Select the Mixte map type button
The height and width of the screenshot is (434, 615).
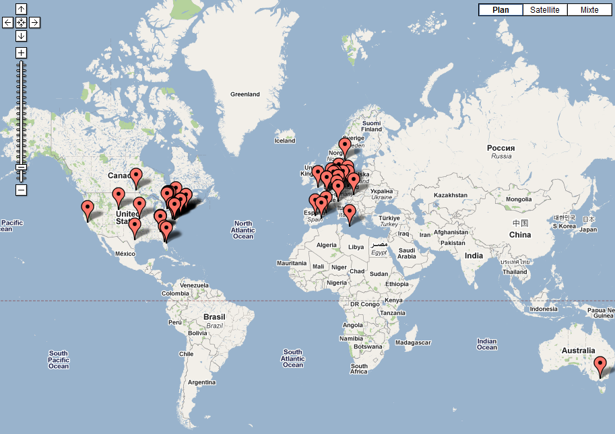(589, 10)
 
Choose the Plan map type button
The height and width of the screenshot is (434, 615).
(500, 10)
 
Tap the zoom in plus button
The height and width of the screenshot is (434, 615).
(21, 52)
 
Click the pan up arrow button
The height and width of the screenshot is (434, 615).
(21, 9)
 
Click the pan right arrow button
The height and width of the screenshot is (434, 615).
(34, 22)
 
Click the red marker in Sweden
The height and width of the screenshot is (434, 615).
(345, 146)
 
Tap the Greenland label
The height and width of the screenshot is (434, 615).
(245, 94)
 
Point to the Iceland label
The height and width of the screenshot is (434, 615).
(285, 141)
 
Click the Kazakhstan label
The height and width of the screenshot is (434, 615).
(451, 195)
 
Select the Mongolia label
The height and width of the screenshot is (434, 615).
(519, 199)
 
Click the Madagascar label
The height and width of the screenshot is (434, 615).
(413, 342)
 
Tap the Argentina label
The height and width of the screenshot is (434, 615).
(202, 382)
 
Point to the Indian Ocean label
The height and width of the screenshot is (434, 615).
(486, 344)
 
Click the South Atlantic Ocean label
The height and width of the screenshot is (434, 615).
(293, 358)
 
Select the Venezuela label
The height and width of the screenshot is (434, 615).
(194, 285)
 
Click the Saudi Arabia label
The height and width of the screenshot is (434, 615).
(407, 252)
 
